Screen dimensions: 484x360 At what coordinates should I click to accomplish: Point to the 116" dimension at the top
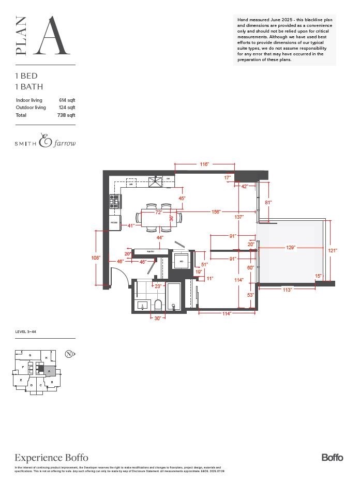click(204, 164)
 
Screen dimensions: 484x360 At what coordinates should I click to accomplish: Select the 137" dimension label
click(238, 217)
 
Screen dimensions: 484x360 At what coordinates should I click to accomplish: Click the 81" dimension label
click(268, 202)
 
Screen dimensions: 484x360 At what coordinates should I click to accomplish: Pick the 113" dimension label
click(288, 290)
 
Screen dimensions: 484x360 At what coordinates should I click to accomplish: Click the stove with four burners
click(114, 201)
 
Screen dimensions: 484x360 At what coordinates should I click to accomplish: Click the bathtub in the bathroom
click(174, 297)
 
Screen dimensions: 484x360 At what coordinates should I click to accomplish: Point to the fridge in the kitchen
click(114, 223)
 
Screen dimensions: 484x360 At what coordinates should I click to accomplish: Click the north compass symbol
click(68, 354)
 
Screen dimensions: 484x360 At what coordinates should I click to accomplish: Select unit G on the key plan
click(31, 355)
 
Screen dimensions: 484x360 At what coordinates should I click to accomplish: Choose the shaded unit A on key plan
click(49, 371)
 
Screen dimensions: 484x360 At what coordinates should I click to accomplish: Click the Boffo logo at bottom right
click(332, 457)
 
